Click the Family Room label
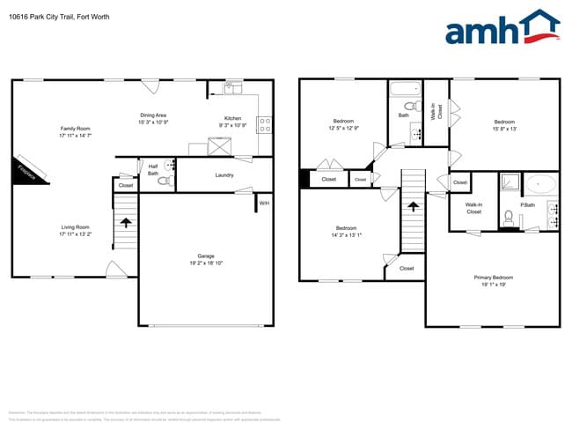pyautogui.click(x=76, y=129)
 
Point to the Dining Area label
pyautogui.click(x=154, y=115)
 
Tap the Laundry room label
pyautogui.click(x=224, y=174)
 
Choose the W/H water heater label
pyautogui.click(x=263, y=204)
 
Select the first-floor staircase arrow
pyautogui.click(x=126, y=222)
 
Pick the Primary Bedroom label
pyautogui.click(x=492, y=278)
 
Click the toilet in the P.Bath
pyautogui.click(x=509, y=216)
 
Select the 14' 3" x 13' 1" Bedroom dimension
pyautogui.click(x=346, y=235)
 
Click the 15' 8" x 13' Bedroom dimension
pyautogui.click(x=504, y=129)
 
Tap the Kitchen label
pyautogui.click(x=232, y=118)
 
